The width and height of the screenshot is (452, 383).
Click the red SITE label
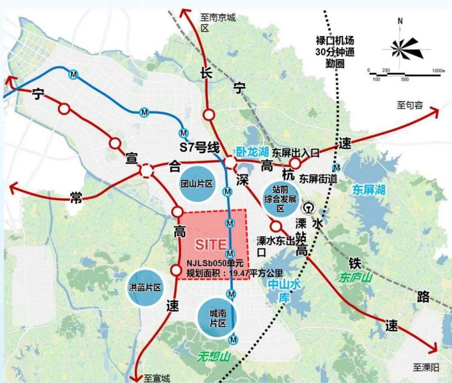[211, 244]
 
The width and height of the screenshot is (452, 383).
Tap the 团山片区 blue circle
[197, 183]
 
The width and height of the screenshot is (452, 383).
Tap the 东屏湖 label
[368, 190]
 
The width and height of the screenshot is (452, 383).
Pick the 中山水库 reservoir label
[285, 290]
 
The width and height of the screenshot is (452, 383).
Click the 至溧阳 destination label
[426, 368]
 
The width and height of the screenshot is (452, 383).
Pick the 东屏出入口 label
[296, 153]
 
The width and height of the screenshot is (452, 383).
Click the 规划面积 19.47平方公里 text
[218, 272]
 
